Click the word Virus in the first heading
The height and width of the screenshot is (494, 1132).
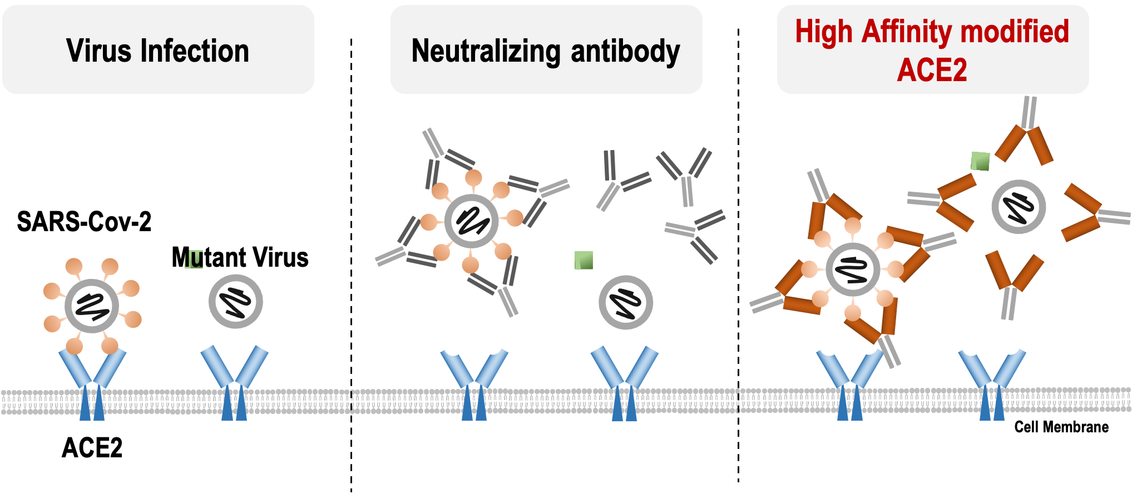click(x=100, y=51)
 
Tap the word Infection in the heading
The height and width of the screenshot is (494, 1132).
click(x=195, y=51)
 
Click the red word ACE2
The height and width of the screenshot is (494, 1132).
click(x=932, y=70)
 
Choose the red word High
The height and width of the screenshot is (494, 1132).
click(x=823, y=32)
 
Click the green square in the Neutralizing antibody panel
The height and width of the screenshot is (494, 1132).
click(x=584, y=260)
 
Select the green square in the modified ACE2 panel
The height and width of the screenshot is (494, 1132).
click(x=980, y=161)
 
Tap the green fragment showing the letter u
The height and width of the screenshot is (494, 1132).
click(x=194, y=259)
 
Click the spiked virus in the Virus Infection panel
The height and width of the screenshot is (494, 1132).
click(x=92, y=306)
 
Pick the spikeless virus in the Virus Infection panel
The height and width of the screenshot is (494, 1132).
click(x=236, y=302)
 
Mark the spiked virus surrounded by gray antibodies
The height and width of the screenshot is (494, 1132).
click(x=471, y=221)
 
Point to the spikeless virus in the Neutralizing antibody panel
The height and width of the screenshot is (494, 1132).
click(x=626, y=303)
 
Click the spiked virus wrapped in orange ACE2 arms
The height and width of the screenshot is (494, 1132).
click(x=852, y=270)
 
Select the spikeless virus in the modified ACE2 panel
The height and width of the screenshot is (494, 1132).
click(x=1019, y=207)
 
